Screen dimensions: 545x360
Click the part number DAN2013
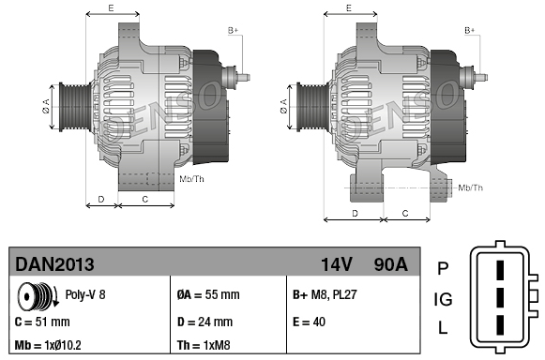click(x=54, y=264)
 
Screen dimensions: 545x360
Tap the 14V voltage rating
click(x=337, y=264)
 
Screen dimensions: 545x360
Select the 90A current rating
click(x=390, y=264)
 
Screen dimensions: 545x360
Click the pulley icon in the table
click(x=38, y=295)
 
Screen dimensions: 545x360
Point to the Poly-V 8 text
click(x=85, y=294)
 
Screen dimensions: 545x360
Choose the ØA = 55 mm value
click(x=208, y=294)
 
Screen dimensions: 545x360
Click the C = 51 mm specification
click(x=42, y=322)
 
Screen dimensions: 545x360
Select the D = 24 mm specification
click(x=204, y=322)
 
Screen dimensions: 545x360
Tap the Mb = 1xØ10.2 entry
click(x=48, y=345)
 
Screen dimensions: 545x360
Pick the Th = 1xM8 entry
click(x=204, y=345)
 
